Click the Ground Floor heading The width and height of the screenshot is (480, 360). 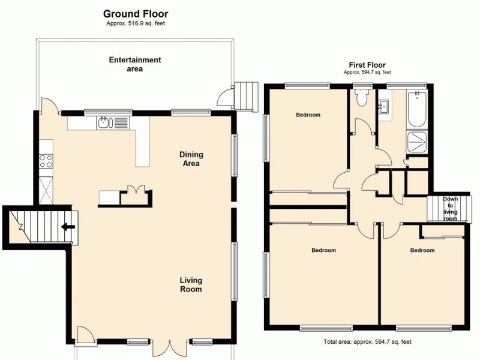tap(136, 14)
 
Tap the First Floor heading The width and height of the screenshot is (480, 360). tap(367, 65)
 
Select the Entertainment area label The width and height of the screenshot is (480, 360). tap(135, 64)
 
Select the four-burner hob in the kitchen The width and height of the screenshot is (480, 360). tap(46, 161)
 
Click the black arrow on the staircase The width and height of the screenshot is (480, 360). tap(68, 227)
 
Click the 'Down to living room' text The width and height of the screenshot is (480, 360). tap(450, 209)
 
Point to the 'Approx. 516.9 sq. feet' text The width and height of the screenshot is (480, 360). tap(136, 24)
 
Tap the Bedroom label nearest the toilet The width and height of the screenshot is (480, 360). tap(308, 115)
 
